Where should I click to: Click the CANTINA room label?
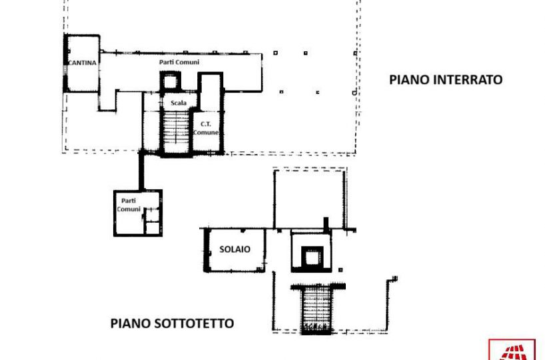click(83, 63)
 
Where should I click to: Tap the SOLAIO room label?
click(235, 249)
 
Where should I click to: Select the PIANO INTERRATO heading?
click(446, 79)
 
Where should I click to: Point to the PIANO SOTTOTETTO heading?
click(172, 323)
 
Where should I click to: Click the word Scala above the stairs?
click(179, 103)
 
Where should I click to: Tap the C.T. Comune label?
click(206, 128)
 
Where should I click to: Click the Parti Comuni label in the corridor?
click(179, 62)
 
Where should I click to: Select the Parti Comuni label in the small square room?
click(129, 205)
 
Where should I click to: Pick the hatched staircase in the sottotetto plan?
click(316, 309)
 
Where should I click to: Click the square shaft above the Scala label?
click(171, 82)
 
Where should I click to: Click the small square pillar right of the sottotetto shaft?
click(340, 270)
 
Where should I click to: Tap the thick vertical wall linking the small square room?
click(141, 171)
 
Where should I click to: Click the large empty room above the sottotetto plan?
click(309, 199)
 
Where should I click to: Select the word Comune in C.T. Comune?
click(206, 132)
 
